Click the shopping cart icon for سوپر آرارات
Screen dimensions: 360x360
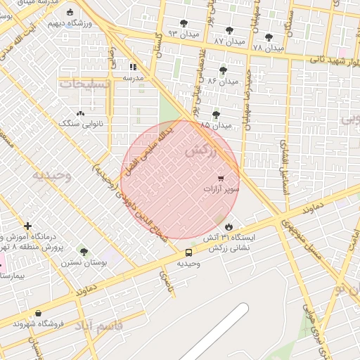pos(221,179)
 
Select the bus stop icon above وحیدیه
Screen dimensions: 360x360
pos(188,252)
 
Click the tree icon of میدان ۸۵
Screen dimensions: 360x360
pos(216,114)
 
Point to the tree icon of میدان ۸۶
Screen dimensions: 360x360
pos(223,70)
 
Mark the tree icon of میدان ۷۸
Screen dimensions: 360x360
pos(269,37)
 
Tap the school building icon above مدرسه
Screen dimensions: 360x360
pos(133,67)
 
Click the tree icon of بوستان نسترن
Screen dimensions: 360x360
pos(84,252)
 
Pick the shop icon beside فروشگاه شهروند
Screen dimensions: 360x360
pos(37,313)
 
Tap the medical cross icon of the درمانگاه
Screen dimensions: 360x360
pos(27,226)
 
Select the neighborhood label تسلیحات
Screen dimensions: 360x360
pos(85,84)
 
